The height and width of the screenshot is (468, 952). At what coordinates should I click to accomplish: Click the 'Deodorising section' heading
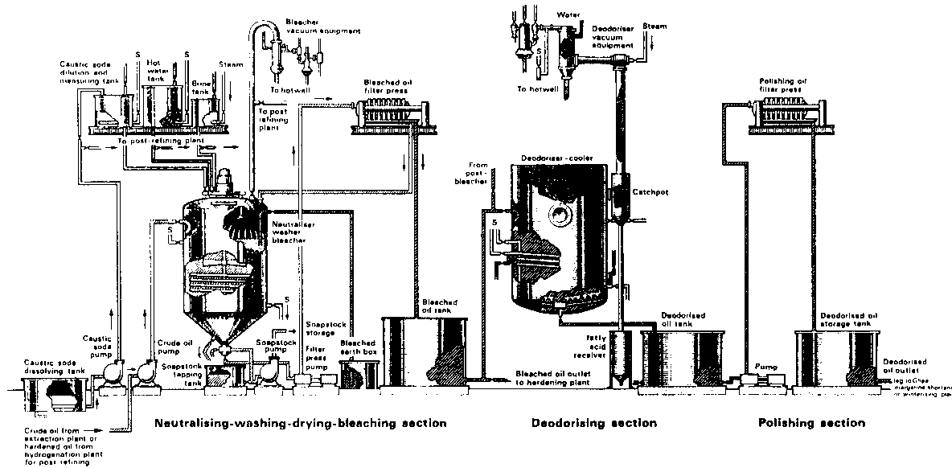[x=593, y=423]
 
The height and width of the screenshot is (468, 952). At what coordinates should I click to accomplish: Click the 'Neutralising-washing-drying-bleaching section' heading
[x=300, y=423]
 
